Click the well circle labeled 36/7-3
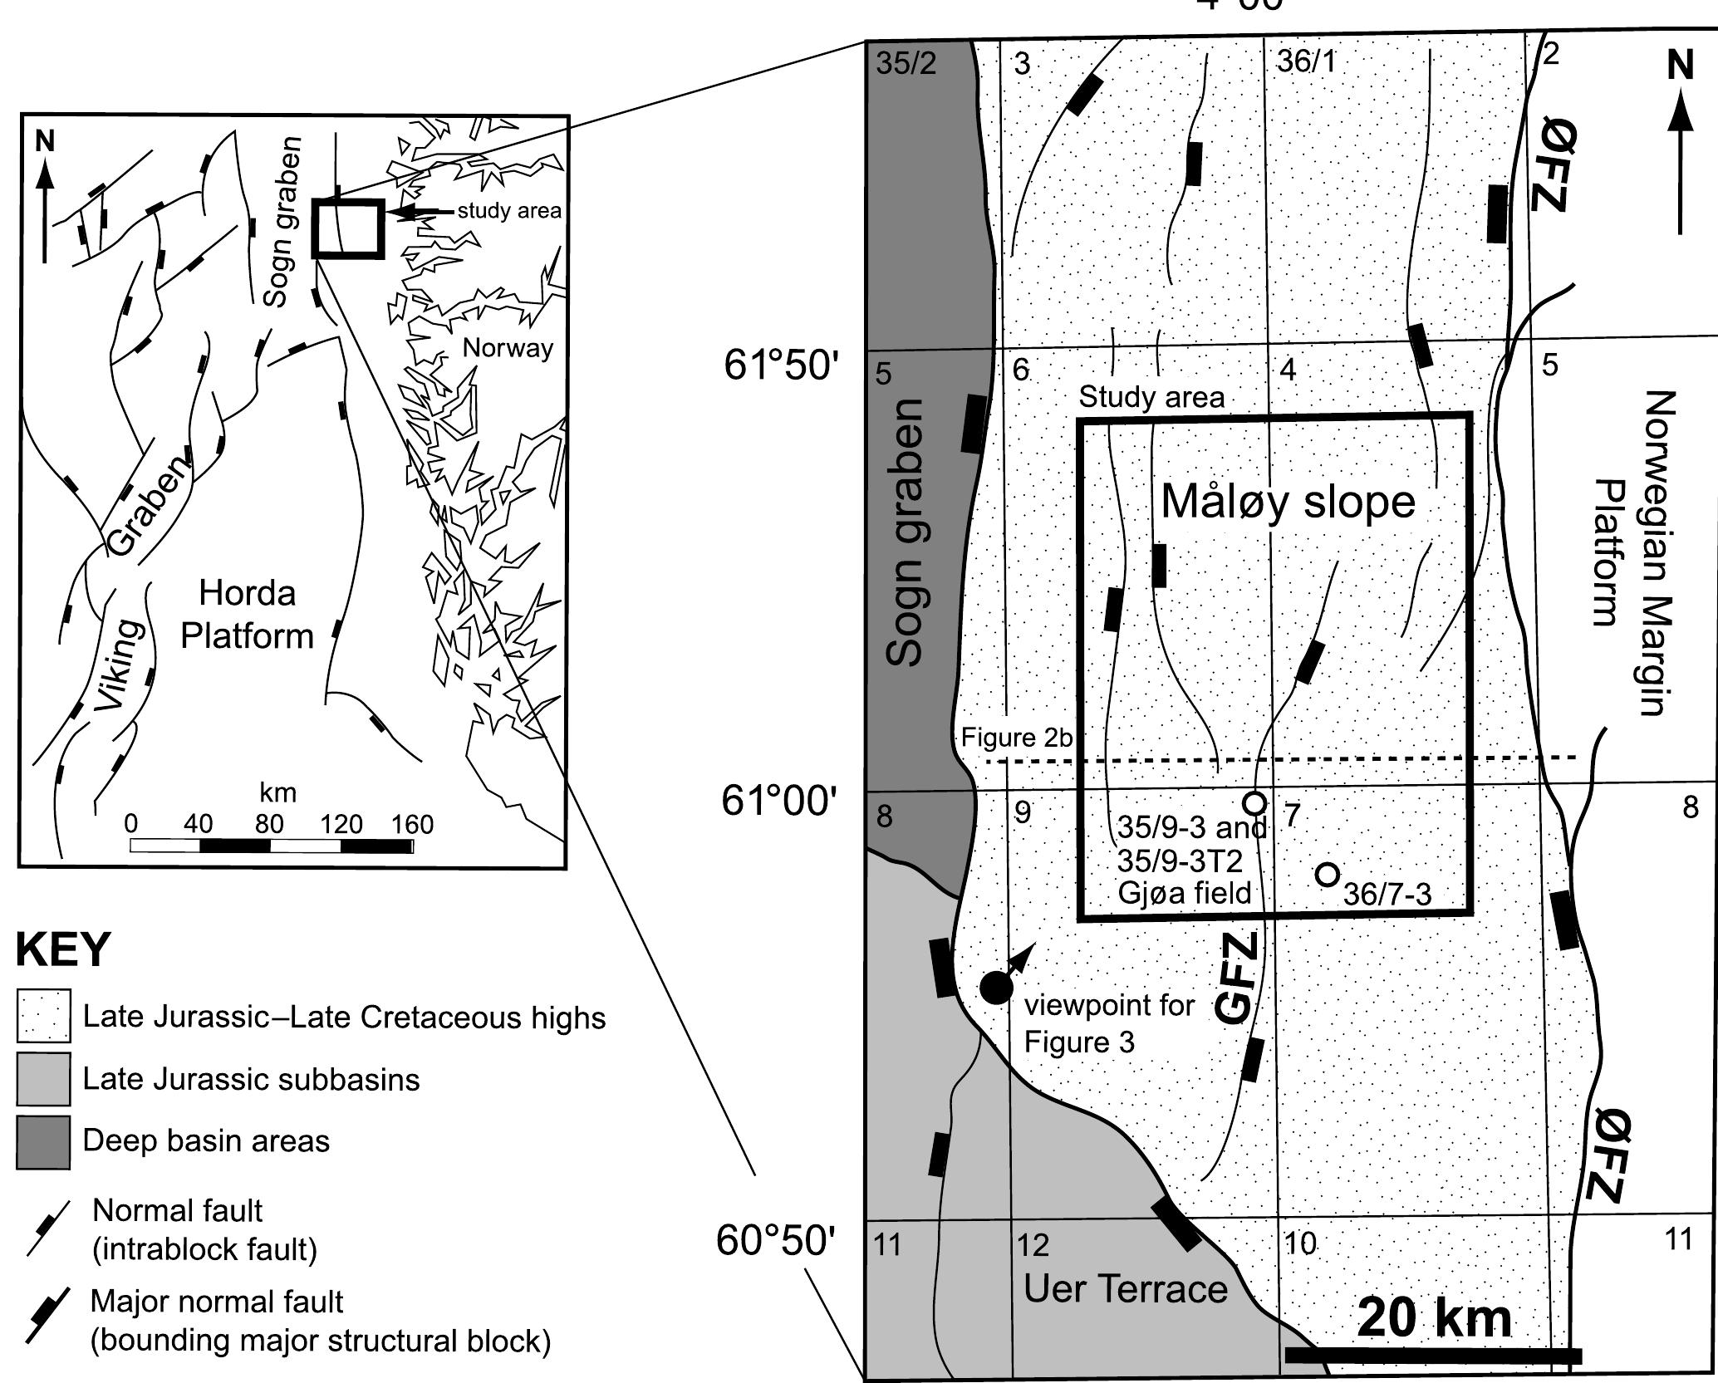point(1328,874)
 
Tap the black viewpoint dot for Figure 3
point(995,987)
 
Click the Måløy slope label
point(1287,501)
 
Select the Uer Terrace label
point(1125,1289)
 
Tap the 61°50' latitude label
point(777,365)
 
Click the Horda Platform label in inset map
point(247,615)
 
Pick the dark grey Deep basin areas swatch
point(43,1142)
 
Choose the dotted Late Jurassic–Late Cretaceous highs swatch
point(43,1016)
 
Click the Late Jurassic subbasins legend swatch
point(43,1079)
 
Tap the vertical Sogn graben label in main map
point(904,532)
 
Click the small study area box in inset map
point(348,228)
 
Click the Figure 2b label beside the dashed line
point(1016,738)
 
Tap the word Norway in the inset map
point(508,347)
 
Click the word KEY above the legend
point(63,949)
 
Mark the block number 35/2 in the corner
point(906,64)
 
